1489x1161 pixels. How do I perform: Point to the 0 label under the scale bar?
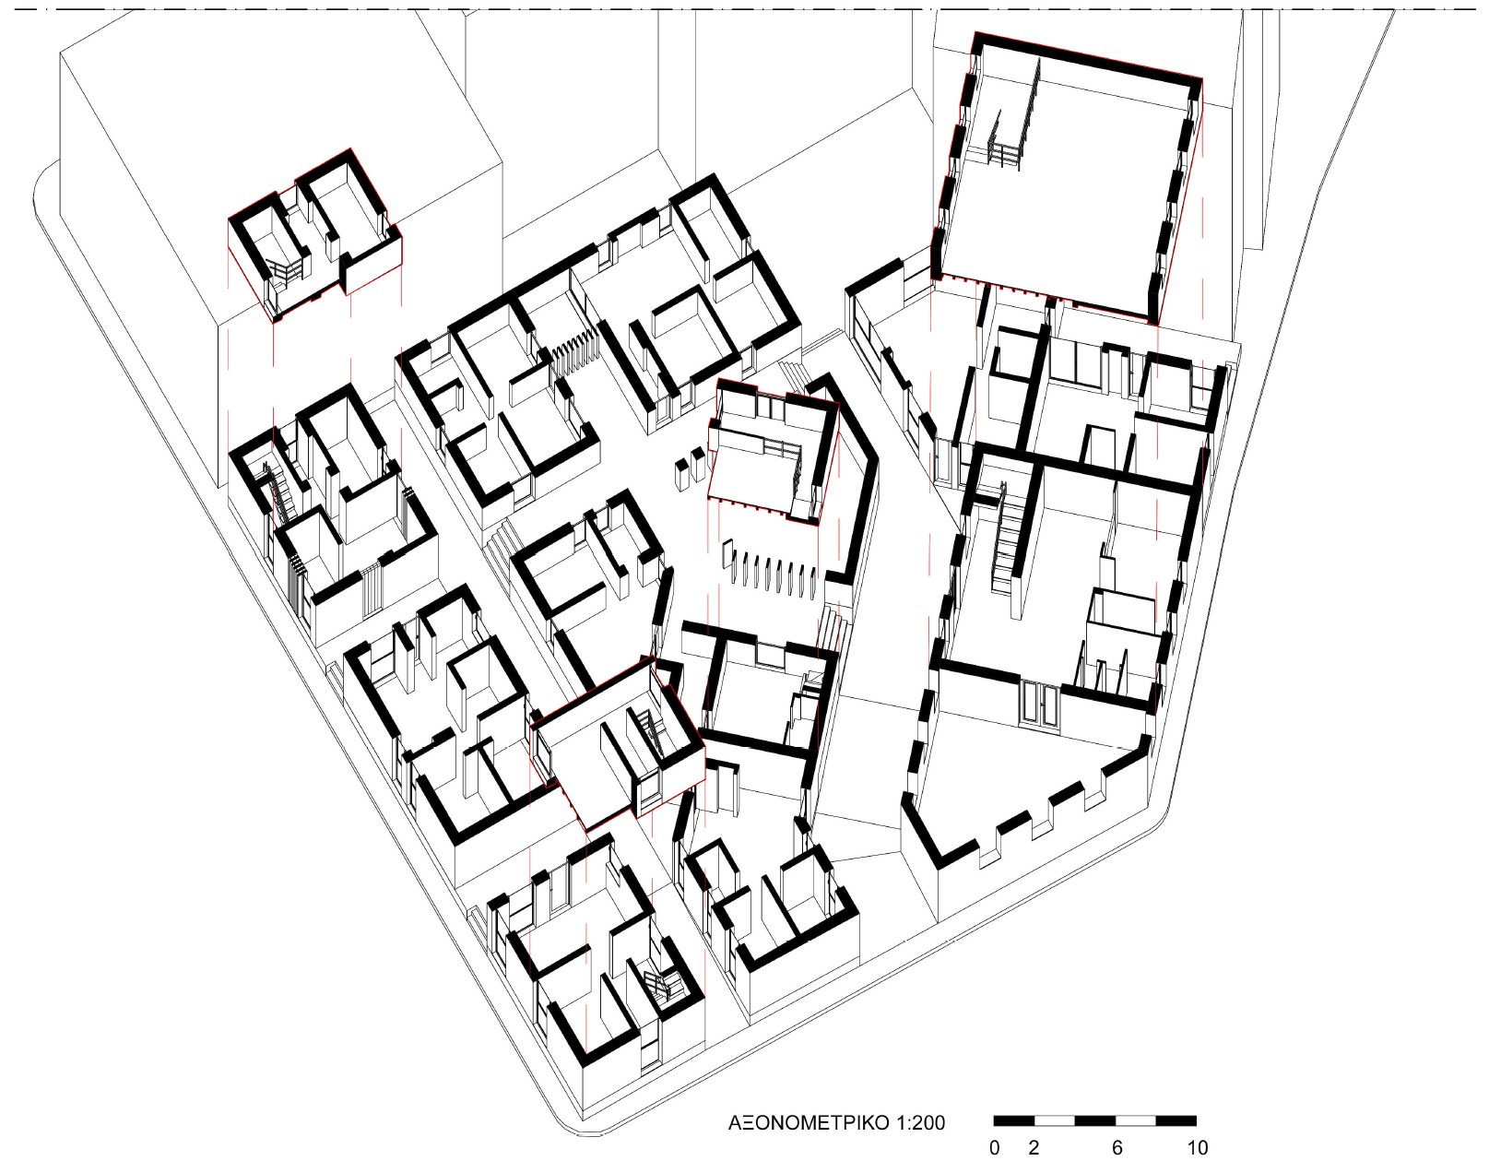pos(994,1147)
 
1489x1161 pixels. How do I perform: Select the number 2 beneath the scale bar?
pos(1034,1147)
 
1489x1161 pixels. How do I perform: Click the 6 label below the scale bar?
pos(1117,1147)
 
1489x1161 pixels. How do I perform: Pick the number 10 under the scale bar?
pos(1197,1147)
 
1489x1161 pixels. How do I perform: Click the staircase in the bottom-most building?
pos(657,986)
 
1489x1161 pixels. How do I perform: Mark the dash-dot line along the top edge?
pos(744,10)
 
